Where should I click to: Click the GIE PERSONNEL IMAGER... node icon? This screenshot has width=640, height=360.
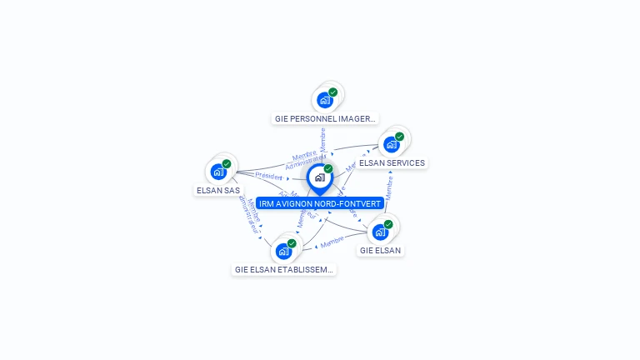click(325, 100)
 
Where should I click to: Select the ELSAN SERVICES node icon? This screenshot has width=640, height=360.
click(391, 144)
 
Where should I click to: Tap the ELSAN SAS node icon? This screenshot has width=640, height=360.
click(218, 172)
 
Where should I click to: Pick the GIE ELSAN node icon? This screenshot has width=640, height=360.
click(380, 232)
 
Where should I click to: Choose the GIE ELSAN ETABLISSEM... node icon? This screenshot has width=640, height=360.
click(283, 251)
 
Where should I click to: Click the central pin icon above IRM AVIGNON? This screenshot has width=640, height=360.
click(320, 177)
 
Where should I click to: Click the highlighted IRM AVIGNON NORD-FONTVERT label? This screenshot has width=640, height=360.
click(320, 203)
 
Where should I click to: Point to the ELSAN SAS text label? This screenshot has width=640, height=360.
click(218, 190)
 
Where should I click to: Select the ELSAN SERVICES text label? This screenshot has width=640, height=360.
click(392, 163)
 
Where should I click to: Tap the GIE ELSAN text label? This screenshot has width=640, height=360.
click(380, 250)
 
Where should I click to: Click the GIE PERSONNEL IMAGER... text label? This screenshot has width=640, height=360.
click(326, 118)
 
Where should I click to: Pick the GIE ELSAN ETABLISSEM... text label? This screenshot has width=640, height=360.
click(284, 270)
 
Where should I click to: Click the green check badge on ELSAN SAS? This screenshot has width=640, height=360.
click(227, 164)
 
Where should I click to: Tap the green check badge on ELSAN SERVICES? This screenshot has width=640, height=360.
click(399, 137)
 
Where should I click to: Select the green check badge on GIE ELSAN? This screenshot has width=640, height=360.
click(388, 224)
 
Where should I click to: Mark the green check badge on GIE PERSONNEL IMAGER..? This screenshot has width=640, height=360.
click(333, 92)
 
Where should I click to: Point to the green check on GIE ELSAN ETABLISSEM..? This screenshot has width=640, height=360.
click(292, 243)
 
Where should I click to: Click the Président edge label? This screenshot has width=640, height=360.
click(269, 177)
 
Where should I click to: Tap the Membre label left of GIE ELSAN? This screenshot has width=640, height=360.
click(332, 242)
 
